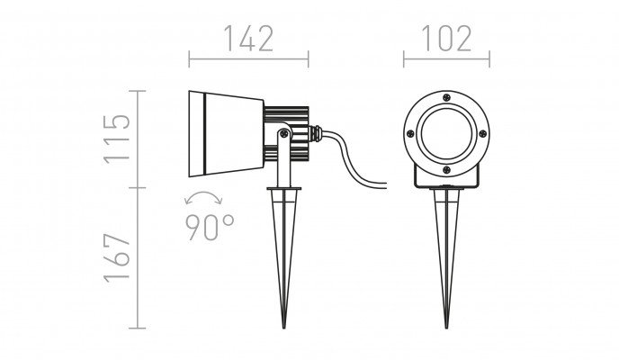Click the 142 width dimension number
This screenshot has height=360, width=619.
[248, 39]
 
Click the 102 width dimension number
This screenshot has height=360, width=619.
[447, 39]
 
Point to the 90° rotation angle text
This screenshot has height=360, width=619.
[210, 228]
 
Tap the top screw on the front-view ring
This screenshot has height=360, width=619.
[446, 97]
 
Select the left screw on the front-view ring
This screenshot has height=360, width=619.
[410, 134]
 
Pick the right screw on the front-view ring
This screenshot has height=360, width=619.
[482, 134]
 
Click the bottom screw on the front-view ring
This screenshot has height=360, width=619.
[446, 170]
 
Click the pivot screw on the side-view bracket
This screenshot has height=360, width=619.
[283, 134]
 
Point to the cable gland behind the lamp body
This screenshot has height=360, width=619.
[316, 133]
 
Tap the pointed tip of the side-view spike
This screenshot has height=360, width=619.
[283, 328]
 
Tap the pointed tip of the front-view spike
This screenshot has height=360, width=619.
[446, 328]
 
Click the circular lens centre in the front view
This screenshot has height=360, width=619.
[446, 134]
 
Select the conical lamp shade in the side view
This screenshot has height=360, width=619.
[226, 134]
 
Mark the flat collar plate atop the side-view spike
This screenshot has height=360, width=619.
[283, 189]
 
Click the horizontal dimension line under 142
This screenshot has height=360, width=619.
[248, 59]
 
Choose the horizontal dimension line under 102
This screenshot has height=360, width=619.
[446, 59]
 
